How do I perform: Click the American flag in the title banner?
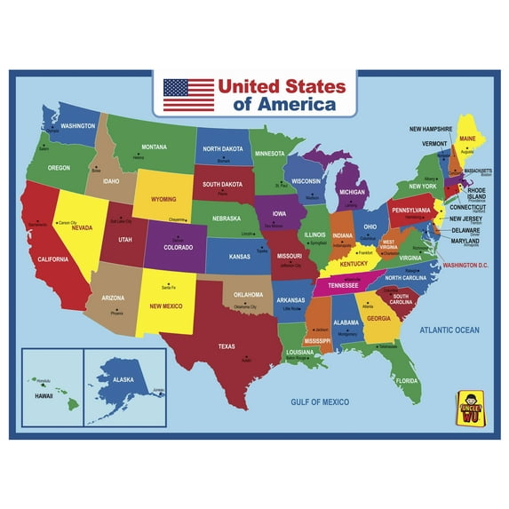pyautogui.click(x=188, y=95)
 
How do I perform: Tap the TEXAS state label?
pyautogui.click(x=227, y=346)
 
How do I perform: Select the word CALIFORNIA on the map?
pyautogui.click(x=53, y=258)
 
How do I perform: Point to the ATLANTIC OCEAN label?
pyautogui.click(x=449, y=330)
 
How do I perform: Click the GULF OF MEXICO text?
pyautogui.click(x=321, y=402)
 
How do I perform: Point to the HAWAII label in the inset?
pyautogui.click(x=44, y=396)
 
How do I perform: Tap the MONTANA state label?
pyautogui.click(x=155, y=147)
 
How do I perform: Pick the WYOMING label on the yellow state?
pyautogui.click(x=164, y=199)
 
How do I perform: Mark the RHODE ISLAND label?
pyautogui.click(x=477, y=193)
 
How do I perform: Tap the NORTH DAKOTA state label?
pyautogui.click(x=223, y=149)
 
